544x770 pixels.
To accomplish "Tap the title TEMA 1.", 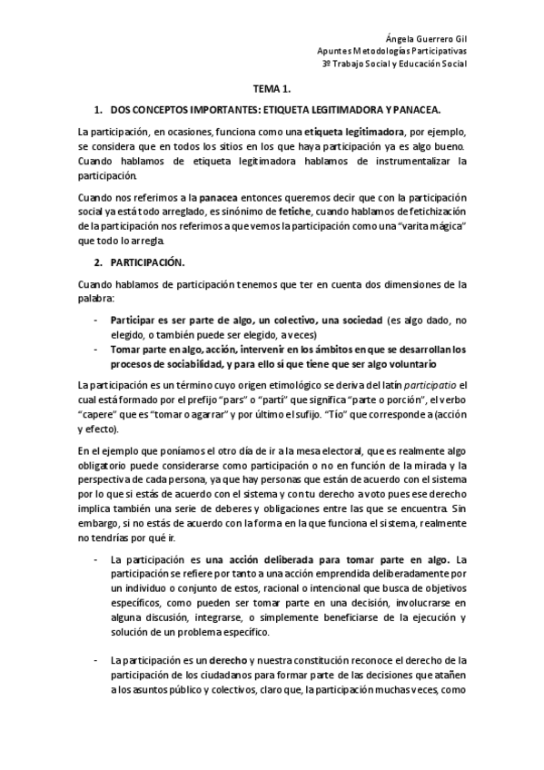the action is pos(272,89).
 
